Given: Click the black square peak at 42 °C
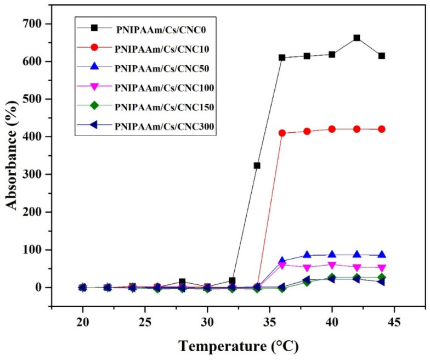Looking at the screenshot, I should coord(357,38).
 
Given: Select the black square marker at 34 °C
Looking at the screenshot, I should coord(257,165).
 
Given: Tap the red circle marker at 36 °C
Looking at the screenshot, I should coord(282,133).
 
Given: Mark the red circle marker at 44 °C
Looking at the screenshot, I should coord(382,129).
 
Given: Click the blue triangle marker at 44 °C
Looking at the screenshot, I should coord(382,255).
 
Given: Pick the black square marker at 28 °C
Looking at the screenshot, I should coord(182,282).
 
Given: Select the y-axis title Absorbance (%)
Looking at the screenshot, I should coord(12,156).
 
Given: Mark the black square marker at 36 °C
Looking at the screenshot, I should coord(282,58).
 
